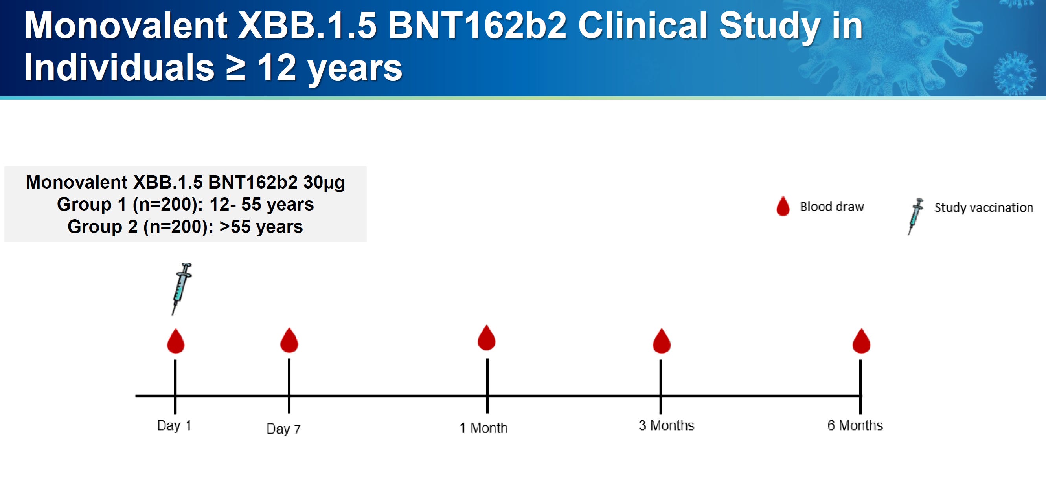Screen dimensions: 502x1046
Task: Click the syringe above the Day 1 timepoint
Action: (181, 288)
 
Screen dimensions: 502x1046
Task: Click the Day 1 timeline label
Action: (174, 425)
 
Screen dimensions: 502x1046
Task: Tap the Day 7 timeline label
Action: (283, 429)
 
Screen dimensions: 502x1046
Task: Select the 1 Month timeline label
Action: (483, 428)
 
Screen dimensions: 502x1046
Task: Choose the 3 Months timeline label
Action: (666, 425)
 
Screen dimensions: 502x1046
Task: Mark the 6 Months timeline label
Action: (855, 425)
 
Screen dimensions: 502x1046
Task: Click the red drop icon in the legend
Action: (783, 207)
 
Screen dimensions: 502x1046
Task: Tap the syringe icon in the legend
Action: (915, 216)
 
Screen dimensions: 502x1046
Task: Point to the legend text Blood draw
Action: (832, 207)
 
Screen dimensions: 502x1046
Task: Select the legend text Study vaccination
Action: (983, 207)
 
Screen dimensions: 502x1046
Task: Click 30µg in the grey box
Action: (324, 183)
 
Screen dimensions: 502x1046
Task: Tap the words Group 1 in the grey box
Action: (91, 204)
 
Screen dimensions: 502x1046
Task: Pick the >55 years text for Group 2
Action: (261, 226)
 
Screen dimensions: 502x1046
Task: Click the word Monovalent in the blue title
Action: (125, 26)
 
